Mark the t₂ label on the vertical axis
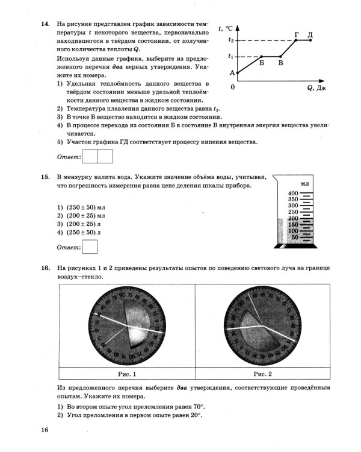(x=231, y=40)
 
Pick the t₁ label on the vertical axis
(x=231, y=56)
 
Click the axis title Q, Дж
(x=316, y=87)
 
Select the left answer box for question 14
(x=90, y=157)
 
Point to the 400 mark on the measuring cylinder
(x=293, y=193)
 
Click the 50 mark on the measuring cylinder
(x=295, y=237)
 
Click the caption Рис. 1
(x=128, y=374)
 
